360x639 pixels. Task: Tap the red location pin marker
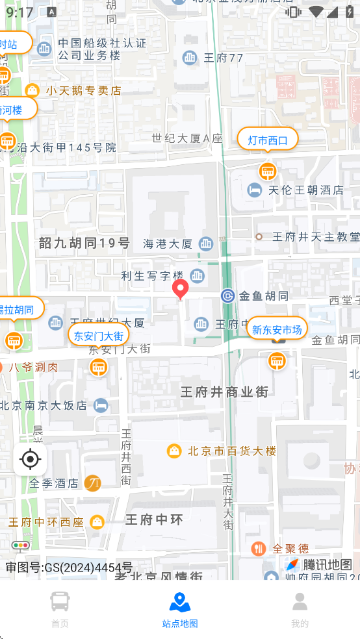180,289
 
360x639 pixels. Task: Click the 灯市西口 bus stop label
267,140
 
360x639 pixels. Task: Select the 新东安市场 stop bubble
277,330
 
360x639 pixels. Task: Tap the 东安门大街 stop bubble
98,336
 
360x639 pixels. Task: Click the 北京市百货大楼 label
231,451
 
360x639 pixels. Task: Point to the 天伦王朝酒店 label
305,190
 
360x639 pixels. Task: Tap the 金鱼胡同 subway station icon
227,296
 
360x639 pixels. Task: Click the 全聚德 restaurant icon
259,549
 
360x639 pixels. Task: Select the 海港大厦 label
168,244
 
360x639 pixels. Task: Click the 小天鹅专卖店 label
83,90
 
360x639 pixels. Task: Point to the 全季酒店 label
57,483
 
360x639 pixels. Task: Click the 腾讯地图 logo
319,564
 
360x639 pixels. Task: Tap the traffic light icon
20,546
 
